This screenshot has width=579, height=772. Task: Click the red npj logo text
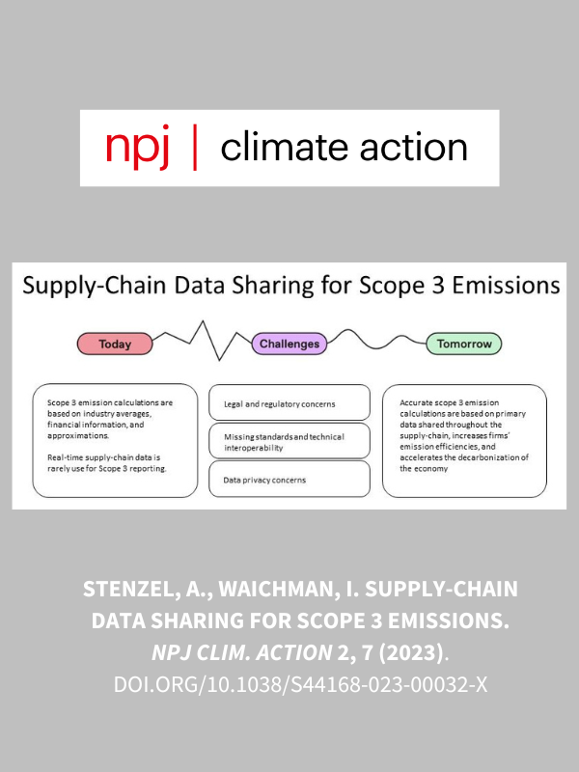coord(137,148)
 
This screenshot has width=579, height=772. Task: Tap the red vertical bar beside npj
coord(196,148)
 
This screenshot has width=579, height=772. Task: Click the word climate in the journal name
coord(286,148)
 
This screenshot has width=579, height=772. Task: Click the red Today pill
coord(115,344)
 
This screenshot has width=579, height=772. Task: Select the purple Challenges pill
coord(289,344)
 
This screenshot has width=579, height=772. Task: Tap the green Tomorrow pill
coord(464,344)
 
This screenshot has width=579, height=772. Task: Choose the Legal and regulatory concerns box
coord(289,403)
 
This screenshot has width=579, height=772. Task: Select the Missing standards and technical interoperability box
coord(289,441)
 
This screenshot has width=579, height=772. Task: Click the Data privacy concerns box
coord(289,479)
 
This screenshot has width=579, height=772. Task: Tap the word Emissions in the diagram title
coord(506,286)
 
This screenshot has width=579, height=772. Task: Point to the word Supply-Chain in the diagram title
coord(95,287)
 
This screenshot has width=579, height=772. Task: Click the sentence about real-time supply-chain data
coord(107,463)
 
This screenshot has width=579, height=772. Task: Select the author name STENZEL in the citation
coord(128,589)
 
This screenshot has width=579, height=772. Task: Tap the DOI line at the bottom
coord(300,685)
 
